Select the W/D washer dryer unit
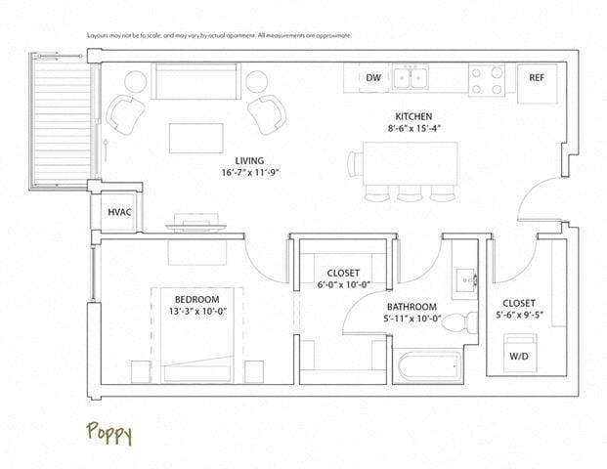(519, 356)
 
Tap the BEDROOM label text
(196, 299)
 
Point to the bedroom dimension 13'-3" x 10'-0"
(196, 312)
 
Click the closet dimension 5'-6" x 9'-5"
(519, 316)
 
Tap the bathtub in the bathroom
(428, 368)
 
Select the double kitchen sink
(411, 77)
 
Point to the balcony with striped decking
(63, 117)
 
